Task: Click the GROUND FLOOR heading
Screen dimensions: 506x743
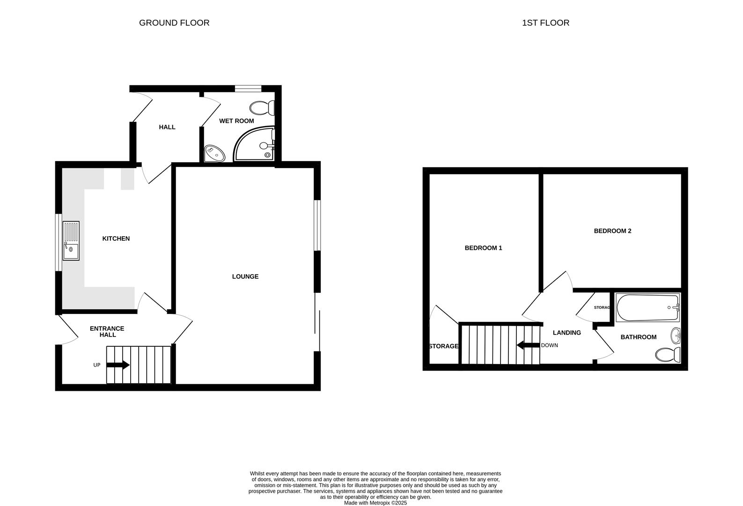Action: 174,22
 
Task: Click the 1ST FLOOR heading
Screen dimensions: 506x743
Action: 545,22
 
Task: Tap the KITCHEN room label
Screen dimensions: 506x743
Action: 116,238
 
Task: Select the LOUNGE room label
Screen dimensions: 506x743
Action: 245,276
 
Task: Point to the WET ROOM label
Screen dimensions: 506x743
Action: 236,121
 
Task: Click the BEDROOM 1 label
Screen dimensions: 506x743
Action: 483,248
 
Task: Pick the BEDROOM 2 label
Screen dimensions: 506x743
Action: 612,231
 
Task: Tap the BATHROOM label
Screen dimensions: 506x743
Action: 638,337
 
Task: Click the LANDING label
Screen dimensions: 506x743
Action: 566,333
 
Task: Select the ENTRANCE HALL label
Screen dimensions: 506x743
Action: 107,332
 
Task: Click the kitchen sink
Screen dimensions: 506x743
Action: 71,241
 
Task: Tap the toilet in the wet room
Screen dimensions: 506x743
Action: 262,108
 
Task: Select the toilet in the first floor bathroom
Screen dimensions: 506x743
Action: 668,354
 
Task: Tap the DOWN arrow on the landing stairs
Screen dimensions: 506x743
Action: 528,345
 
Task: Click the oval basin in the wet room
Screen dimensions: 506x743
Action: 214,153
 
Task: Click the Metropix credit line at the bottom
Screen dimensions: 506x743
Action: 375,503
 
